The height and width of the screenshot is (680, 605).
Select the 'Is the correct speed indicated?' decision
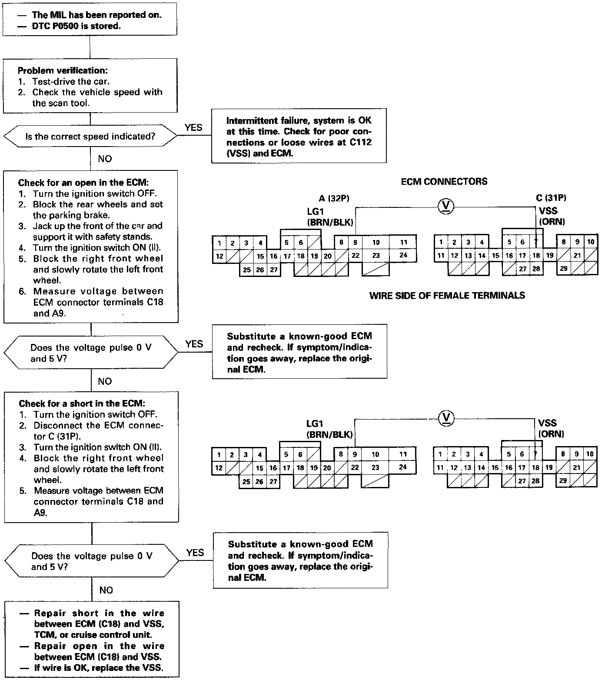point(90,137)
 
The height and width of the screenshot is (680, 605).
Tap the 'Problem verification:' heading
point(63,70)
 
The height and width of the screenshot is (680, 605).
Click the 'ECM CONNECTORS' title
point(444,181)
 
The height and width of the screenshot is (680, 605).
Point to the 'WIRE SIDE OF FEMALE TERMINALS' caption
point(447,296)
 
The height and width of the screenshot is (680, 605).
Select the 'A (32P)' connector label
point(334,199)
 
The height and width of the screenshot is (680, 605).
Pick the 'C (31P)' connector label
point(551,198)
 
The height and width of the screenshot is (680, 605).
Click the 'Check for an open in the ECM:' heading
point(82,183)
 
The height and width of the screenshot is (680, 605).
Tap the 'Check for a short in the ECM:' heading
point(82,403)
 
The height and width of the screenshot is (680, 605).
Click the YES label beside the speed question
point(193,127)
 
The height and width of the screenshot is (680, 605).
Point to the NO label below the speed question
point(105,159)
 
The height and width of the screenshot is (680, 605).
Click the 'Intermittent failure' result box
point(299,137)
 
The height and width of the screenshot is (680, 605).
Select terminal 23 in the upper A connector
point(376,256)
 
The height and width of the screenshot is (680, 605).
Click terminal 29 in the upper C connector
point(563,269)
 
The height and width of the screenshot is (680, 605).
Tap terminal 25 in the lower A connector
point(246,482)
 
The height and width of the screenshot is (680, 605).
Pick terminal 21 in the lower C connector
point(577,468)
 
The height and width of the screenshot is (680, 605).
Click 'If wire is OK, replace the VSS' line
point(98,668)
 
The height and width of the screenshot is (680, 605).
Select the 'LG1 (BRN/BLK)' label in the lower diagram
point(329,429)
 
